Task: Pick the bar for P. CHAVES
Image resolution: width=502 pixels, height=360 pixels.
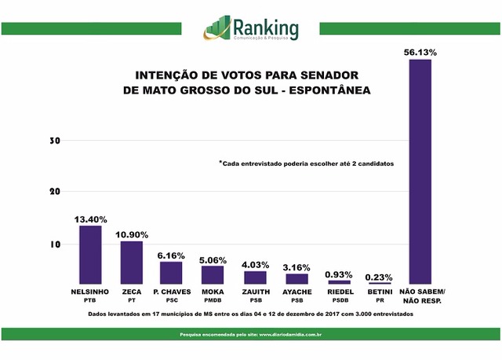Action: tap(171, 273)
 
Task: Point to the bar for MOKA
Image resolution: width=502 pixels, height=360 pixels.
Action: tap(213, 275)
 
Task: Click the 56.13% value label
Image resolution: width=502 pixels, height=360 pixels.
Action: tap(420, 52)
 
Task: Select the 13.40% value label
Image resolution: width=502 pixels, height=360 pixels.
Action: tap(90, 219)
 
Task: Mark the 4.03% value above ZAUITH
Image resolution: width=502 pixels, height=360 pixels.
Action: tap(255, 264)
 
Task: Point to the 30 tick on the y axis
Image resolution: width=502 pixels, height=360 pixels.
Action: tap(55, 141)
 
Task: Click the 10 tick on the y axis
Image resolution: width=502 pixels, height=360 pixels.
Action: tap(55, 244)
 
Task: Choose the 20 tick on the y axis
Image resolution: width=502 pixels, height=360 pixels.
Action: tap(55, 192)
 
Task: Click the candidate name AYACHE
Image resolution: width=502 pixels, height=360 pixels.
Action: tap(296, 291)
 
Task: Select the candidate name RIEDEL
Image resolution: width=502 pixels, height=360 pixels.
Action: tap(339, 291)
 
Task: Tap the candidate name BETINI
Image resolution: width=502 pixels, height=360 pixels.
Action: tap(380, 291)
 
